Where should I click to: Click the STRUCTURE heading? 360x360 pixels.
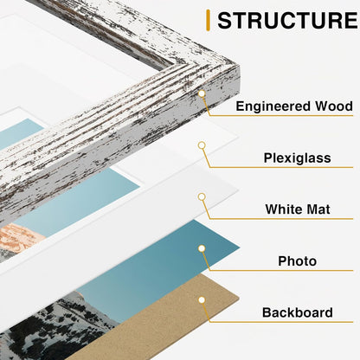(287, 20)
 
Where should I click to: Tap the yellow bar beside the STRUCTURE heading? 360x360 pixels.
(208, 20)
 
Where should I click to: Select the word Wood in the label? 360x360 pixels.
(334, 106)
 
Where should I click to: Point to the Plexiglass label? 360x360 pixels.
(297, 158)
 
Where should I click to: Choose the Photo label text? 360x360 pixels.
(297, 261)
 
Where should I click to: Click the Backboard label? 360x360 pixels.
(297, 312)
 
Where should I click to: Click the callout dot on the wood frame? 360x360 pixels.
(202, 93)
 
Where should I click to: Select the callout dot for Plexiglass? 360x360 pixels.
(202, 145)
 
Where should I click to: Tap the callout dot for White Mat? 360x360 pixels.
(202, 196)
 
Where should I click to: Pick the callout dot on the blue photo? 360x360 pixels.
(202, 248)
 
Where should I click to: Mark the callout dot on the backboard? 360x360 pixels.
(202, 300)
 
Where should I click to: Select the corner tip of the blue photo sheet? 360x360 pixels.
(240, 247)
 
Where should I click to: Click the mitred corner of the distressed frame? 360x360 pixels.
(239, 67)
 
